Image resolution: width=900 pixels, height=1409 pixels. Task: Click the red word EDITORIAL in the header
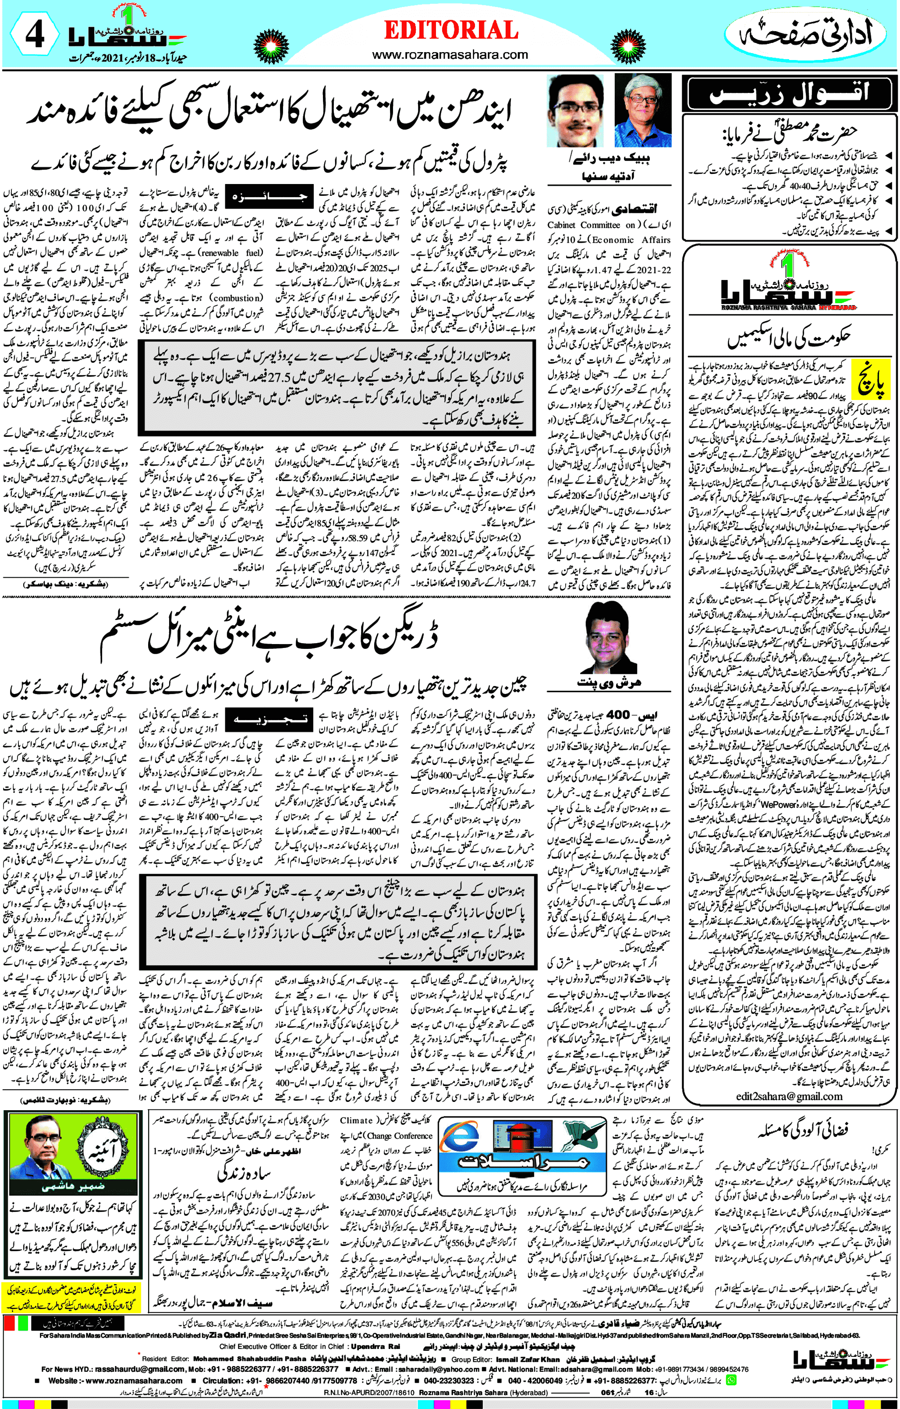click(450, 30)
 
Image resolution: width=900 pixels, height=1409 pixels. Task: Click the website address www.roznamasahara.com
click(450, 55)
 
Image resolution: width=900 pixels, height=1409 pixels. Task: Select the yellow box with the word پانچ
click(871, 380)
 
